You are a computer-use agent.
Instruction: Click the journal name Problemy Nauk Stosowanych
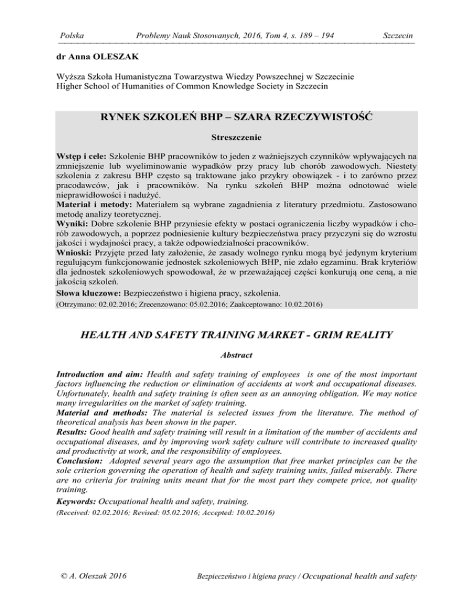click(180, 36)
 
